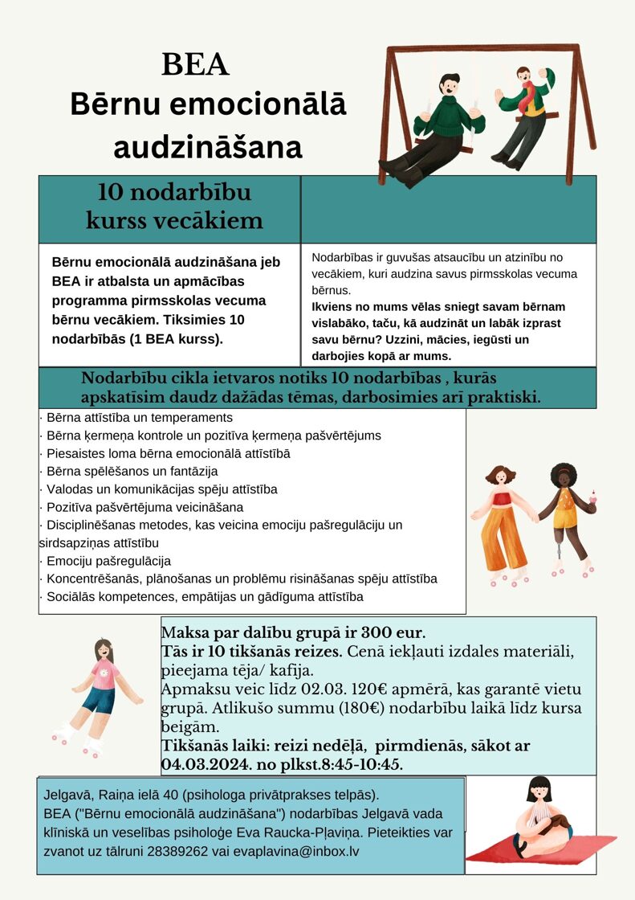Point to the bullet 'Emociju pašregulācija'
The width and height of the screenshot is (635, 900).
pyautogui.click(x=108, y=561)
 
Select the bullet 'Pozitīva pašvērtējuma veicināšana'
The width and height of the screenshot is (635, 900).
pyautogui.click(x=145, y=507)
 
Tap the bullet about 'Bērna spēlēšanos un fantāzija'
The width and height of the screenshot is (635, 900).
pyautogui.click(x=132, y=471)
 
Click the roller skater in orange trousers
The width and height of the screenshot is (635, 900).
pyautogui.click(x=504, y=522)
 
